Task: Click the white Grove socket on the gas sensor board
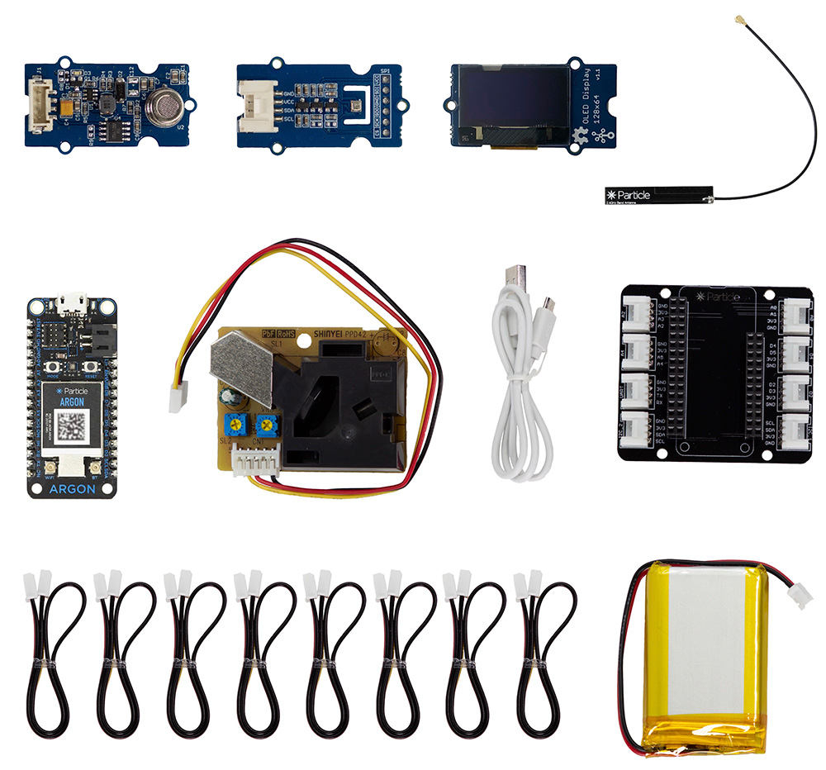click(x=38, y=109)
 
